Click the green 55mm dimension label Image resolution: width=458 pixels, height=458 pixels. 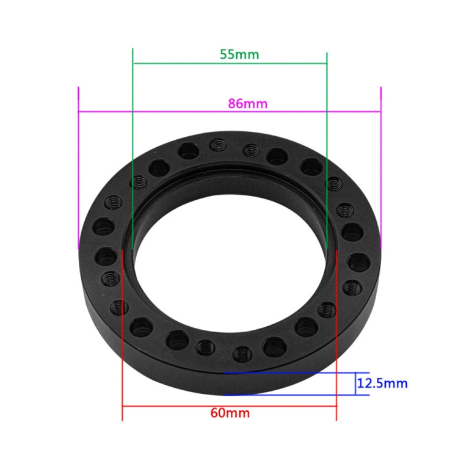tap(239, 54)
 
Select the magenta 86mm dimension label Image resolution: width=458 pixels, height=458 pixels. tap(247, 103)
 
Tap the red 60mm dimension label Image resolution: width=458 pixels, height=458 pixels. tap(230, 412)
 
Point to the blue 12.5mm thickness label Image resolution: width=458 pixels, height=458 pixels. tap(383, 384)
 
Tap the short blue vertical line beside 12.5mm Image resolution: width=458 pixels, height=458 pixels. tap(356, 384)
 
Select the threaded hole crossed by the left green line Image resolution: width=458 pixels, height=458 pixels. tap(139, 181)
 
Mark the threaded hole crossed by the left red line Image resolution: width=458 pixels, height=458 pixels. tap(121, 307)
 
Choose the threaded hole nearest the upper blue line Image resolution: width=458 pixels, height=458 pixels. tap(242, 353)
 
